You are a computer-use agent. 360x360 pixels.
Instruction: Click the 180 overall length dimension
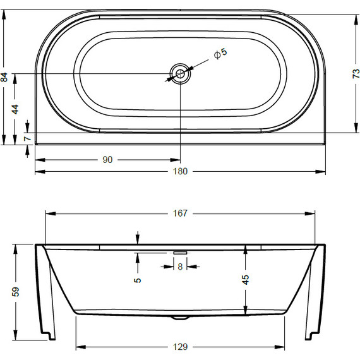point(181,171)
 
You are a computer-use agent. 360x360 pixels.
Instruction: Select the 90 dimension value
point(107,160)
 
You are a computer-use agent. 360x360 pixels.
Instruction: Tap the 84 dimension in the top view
point(5,77)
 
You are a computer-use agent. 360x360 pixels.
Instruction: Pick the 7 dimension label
point(27,138)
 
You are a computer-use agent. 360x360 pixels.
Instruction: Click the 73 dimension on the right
point(355,74)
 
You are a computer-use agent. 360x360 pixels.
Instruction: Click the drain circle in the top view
point(181,74)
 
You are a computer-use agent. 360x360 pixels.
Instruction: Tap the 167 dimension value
point(181,213)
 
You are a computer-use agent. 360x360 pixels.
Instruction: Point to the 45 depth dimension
point(246,278)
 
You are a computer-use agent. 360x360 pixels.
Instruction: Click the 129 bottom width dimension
point(181,347)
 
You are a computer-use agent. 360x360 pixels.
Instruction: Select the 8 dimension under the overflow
point(180,267)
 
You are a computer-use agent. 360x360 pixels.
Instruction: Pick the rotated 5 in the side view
point(138,279)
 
